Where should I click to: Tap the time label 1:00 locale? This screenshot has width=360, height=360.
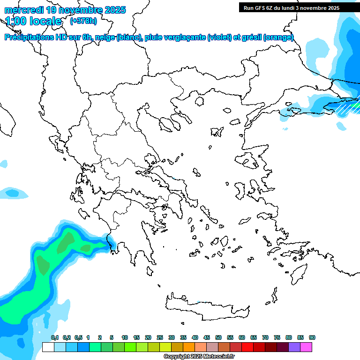[x=33, y=21]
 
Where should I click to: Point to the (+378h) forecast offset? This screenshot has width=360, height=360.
[x=83, y=21]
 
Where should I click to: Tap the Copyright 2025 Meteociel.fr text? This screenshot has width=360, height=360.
[x=199, y=357]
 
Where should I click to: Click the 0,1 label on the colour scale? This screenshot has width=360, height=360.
[x=54, y=338]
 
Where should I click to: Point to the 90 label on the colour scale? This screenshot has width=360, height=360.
[x=312, y=338]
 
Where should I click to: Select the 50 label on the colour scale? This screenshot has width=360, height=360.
[x=218, y=338]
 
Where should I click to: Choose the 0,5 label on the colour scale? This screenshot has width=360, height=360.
[x=78, y=338]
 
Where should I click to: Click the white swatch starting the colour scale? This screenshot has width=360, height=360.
[x=48, y=347]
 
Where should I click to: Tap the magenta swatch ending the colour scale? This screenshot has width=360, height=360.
[x=306, y=347]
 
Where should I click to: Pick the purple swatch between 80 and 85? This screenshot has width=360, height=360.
[x=294, y=347]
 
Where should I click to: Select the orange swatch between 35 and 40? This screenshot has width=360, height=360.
[x=189, y=347]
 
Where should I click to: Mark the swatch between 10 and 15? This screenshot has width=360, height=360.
[x=130, y=347]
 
